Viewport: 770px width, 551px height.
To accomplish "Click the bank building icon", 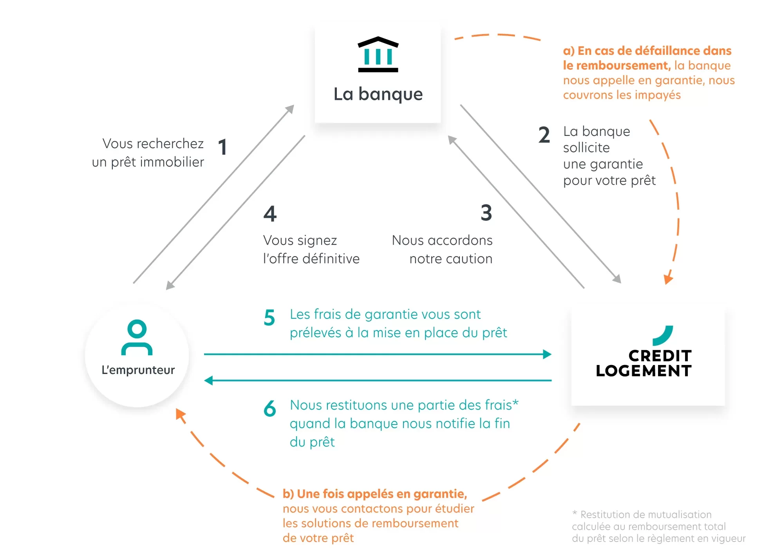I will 378,54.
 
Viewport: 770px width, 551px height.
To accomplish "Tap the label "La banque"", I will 378,94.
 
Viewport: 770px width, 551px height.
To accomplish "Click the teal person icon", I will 137,337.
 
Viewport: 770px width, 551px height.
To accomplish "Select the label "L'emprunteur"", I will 138,370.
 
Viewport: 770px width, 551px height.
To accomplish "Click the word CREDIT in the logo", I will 660,356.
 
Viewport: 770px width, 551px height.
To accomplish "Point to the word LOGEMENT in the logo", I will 643,371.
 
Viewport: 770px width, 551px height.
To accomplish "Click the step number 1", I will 222,147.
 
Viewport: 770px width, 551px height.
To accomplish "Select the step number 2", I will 544,135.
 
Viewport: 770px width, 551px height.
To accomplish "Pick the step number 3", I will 486,213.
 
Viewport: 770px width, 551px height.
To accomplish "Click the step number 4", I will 270,214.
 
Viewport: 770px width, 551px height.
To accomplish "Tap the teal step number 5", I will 269,318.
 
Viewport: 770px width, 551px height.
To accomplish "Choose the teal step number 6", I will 270,408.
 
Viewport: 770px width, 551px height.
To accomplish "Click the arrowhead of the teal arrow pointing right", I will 547,354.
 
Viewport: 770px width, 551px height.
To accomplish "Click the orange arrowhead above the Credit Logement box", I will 668,279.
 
